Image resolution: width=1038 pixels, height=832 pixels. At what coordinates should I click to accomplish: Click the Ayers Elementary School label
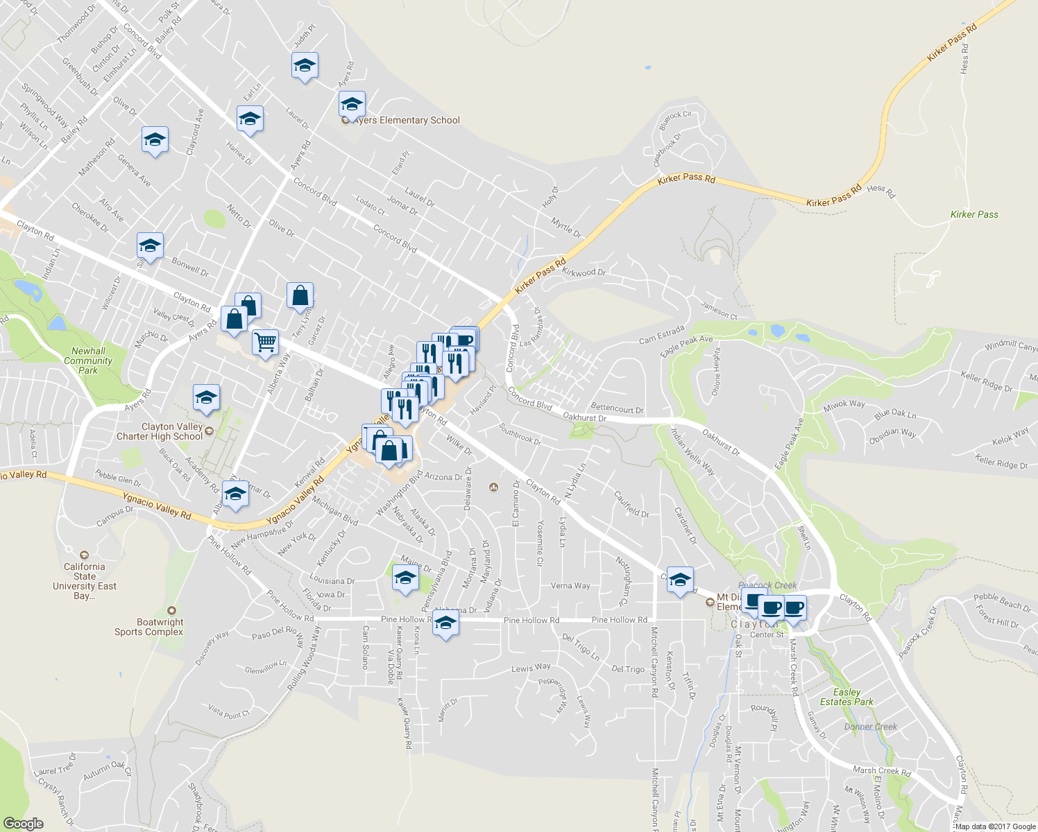tap(407, 121)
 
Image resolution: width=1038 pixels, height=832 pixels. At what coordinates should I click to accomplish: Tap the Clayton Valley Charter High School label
tap(172, 432)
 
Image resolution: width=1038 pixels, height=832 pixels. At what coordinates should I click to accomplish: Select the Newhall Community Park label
tap(88, 361)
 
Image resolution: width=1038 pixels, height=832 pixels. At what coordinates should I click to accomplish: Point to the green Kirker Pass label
tap(974, 215)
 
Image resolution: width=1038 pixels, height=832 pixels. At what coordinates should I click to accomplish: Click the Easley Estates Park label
tap(846, 697)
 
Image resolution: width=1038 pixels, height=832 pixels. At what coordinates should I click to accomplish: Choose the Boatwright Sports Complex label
tap(149, 627)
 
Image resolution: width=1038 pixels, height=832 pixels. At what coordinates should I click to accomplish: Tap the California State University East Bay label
tap(85, 581)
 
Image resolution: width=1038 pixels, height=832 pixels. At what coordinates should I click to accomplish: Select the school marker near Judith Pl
tap(305, 66)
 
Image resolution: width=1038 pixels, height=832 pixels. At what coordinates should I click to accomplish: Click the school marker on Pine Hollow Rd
tap(445, 623)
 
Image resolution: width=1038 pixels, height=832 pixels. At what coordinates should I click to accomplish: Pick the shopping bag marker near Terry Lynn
tap(300, 295)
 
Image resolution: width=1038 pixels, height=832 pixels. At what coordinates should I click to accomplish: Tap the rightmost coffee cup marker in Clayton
tap(794, 608)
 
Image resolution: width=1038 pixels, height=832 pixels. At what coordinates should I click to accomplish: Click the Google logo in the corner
tap(23, 824)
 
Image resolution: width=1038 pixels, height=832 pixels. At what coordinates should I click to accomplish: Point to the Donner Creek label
tap(870, 727)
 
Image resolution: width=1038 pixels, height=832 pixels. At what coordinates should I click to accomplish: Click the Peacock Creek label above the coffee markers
tap(767, 585)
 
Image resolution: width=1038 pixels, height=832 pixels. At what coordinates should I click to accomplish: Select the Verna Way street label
tap(570, 586)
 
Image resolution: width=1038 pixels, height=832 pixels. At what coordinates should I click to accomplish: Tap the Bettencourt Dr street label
tap(617, 409)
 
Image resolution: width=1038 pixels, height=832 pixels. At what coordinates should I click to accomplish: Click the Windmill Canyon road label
tap(1010, 345)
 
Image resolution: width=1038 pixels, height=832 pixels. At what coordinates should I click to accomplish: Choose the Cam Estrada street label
tap(661, 334)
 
